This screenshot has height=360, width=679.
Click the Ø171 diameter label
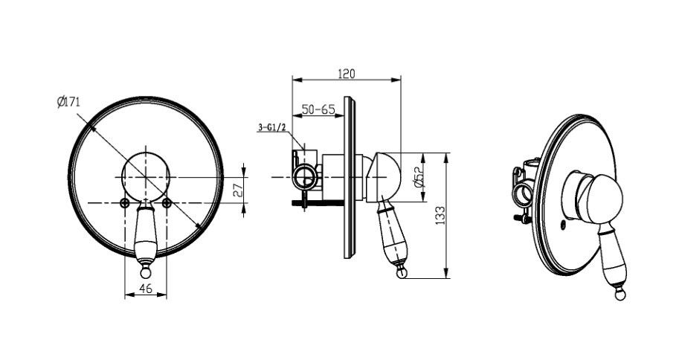click(x=68, y=102)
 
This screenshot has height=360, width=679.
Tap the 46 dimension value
click(x=146, y=288)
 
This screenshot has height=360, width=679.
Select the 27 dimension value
click(x=237, y=190)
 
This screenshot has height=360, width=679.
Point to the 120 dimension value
click(x=347, y=74)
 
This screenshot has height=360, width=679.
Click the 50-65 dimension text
click(x=318, y=109)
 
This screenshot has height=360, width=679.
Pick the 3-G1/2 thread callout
click(x=272, y=127)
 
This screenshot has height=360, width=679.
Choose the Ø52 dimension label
click(x=419, y=177)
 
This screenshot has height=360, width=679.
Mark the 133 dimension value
click(x=440, y=215)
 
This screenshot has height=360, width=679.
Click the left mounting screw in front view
click(x=125, y=202)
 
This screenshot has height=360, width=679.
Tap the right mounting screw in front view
click(x=167, y=202)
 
